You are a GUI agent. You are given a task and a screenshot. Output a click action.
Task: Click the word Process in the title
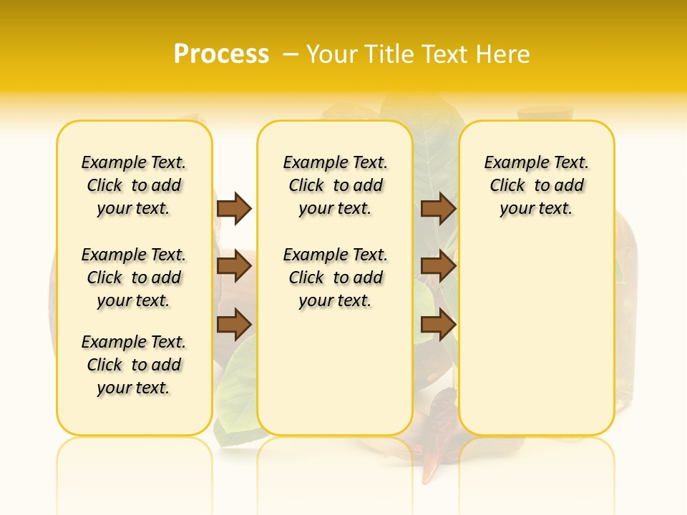221,54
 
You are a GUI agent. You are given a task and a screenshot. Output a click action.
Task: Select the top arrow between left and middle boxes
234,208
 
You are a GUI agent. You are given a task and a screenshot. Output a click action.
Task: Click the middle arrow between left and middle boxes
234,267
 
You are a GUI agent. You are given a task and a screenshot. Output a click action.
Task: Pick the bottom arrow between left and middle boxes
234,325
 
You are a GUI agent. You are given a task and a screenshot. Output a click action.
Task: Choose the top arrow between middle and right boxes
438,208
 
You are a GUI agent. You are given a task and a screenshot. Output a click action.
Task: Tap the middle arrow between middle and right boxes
438,267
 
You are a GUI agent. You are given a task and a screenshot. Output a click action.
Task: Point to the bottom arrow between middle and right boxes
438,325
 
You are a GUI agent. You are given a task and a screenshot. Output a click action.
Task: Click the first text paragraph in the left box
134,185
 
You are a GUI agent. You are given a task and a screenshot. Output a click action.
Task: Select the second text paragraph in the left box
134,278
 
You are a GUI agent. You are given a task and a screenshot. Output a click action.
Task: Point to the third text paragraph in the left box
134,365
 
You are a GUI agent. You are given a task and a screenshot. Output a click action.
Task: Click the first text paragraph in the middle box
335,185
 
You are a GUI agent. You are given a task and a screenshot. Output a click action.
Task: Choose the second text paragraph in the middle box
335,278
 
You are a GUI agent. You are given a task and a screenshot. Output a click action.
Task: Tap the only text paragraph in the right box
536,185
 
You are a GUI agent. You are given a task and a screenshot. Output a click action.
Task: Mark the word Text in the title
447,54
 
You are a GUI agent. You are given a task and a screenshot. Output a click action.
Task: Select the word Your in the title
331,54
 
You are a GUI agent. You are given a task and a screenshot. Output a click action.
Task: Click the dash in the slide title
291,54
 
